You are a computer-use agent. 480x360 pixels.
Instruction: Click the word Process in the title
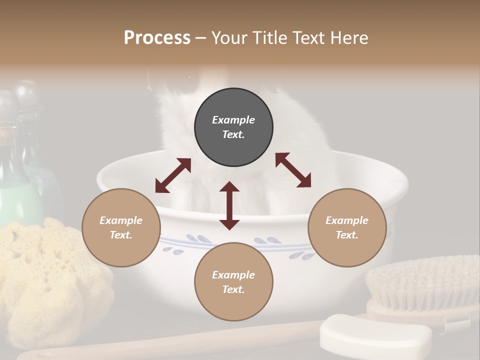click(157, 38)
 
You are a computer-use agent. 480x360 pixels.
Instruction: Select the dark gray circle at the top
click(233, 127)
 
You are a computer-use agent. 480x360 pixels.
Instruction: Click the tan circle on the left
click(121, 227)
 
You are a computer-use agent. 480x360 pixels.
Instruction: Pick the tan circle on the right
click(347, 227)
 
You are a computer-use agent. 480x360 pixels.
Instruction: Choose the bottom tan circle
click(233, 281)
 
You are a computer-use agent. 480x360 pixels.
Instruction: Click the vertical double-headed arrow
click(229, 205)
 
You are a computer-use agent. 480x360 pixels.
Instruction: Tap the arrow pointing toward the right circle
click(293, 170)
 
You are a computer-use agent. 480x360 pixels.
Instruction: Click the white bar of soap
click(375, 334)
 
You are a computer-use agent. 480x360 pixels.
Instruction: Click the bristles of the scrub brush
click(422, 282)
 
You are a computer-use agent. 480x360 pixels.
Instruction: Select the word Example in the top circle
click(233, 120)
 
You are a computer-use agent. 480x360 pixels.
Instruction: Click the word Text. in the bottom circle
click(233, 289)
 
